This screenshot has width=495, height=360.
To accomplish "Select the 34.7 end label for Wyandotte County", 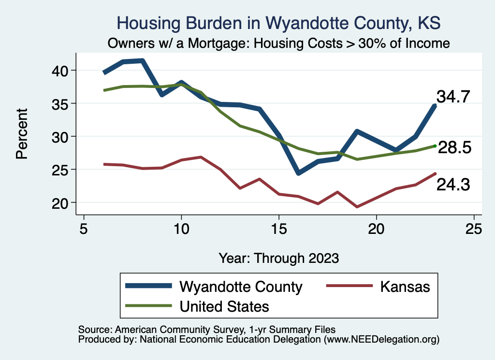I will pyautogui.click(x=453, y=97).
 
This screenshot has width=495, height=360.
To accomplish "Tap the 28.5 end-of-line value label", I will pyautogui.click(x=454, y=148).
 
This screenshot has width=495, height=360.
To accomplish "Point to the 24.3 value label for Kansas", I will pyautogui.click(x=453, y=185).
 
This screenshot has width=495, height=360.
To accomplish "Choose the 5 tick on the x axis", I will pyautogui.click(x=84, y=229).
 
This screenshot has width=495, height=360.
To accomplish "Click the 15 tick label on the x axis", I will pyautogui.click(x=278, y=229).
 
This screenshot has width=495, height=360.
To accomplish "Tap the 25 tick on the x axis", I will pyautogui.click(x=473, y=229).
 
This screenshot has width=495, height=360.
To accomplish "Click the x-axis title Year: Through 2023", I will pyautogui.click(x=278, y=258).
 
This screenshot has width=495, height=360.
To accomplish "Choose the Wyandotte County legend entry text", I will pyautogui.click(x=241, y=287).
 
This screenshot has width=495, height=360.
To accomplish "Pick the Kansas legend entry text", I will pyautogui.click(x=405, y=287).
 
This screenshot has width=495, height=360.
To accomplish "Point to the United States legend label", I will pyautogui.click(x=224, y=306).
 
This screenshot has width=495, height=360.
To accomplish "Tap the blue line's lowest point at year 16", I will pyautogui.click(x=298, y=173).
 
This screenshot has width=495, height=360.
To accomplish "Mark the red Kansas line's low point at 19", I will pyautogui.click(x=357, y=207).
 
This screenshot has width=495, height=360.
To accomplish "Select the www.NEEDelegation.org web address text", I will pyautogui.click(x=381, y=339).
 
